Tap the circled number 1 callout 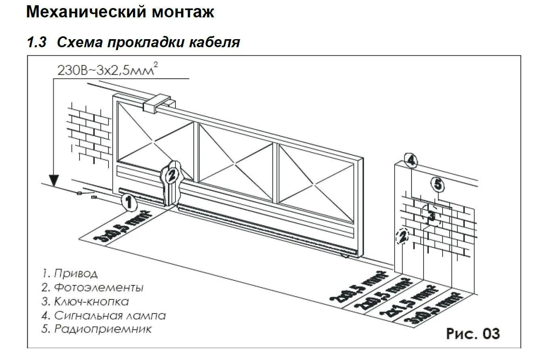coord(128,202)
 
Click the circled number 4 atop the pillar coord(410,161)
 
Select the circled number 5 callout coord(437,185)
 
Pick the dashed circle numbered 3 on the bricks coord(431,216)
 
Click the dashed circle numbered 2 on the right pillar coord(402,237)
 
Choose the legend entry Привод coord(70,274)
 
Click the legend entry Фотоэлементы coord(92,287)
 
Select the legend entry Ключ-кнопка coord(85,301)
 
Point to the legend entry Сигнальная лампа coord(104,315)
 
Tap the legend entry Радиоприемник coord(97,329)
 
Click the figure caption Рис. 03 coord(472,334)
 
